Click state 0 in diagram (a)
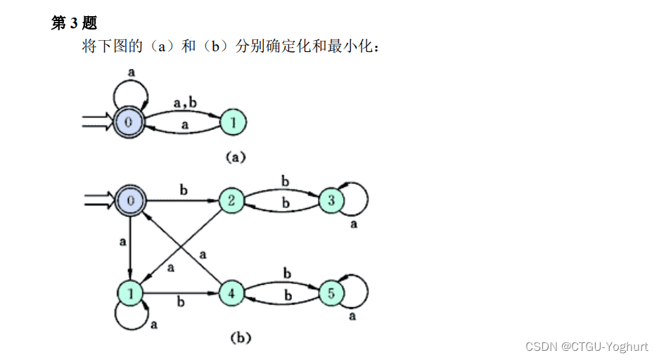click(x=129, y=122)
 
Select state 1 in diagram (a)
click(x=233, y=123)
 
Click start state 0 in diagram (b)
click(x=131, y=202)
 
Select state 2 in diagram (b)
click(x=231, y=202)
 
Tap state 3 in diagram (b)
click(x=331, y=202)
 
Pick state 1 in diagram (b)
click(x=131, y=292)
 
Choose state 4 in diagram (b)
click(x=231, y=292)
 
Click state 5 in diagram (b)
click(x=331, y=292)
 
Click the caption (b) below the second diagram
click(x=241, y=337)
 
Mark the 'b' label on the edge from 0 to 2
click(x=184, y=191)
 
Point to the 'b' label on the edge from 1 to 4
click(x=181, y=303)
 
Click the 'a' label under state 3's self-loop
click(x=353, y=225)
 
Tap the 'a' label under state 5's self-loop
click(x=352, y=316)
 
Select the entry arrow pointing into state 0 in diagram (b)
click(x=99, y=202)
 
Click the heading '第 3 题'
click(x=74, y=24)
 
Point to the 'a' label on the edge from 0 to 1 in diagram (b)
click(x=122, y=241)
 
